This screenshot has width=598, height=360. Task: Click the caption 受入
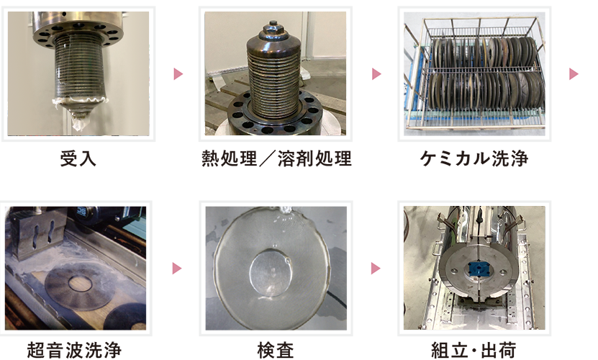click(x=78, y=158)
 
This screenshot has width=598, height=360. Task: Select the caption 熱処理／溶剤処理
click(x=276, y=158)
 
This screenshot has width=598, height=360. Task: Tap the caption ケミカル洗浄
click(x=474, y=158)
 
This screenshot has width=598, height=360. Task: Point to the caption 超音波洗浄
click(x=74, y=350)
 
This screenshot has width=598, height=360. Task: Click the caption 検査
click(x=276, y=350)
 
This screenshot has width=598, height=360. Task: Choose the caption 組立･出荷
click(x=474, y=350)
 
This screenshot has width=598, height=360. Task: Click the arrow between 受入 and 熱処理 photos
click(x=178, y=73)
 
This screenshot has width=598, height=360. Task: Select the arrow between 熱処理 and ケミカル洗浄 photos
click(x=376, y=73)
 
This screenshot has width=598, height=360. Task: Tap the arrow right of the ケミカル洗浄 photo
click(x=574, y=73)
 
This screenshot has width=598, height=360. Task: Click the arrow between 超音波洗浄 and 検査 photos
click(x=176, y=269)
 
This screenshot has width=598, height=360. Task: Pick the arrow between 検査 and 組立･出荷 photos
click(x=376, y=269)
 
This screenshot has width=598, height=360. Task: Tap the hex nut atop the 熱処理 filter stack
click(x=272, y=26)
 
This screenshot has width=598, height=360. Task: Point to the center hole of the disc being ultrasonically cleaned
click(x=80, y=283)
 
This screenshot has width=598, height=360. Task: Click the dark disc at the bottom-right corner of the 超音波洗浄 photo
click(x=127, y=317)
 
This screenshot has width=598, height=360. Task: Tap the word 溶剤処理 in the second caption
click(x=314, y=158)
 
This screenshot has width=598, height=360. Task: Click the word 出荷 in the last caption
click(x=499, y=350)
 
